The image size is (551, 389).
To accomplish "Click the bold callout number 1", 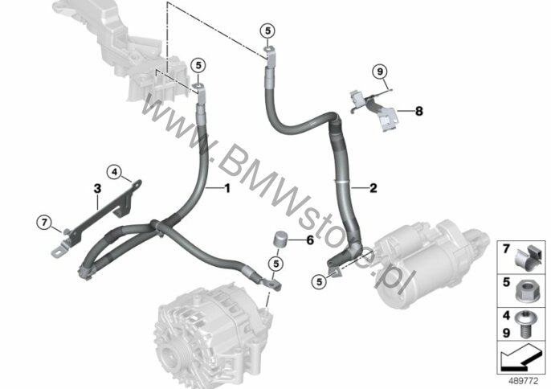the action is tap(227, 189).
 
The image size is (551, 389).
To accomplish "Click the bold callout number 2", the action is tap(373, 188).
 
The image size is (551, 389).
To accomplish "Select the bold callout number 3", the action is tap(97, 189).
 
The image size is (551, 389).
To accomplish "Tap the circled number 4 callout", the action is tap(114, 172).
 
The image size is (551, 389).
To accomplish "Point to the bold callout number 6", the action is tap(310, 240).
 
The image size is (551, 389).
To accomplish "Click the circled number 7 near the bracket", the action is tap(44, 223).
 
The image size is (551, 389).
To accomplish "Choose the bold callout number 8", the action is tap(419, 111).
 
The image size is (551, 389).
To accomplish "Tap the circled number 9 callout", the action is tap(379, 72).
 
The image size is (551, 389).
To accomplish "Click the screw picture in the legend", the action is tap(524, 324).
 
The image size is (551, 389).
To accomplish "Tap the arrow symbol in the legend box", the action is tap(521, 357).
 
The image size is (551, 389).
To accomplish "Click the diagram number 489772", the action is tap(524, 381).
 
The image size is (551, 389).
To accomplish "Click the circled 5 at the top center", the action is tap(267, 31).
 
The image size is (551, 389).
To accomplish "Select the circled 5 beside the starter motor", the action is tap(319, 282).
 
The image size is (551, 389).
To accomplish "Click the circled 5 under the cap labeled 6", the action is tap(275, 264).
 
